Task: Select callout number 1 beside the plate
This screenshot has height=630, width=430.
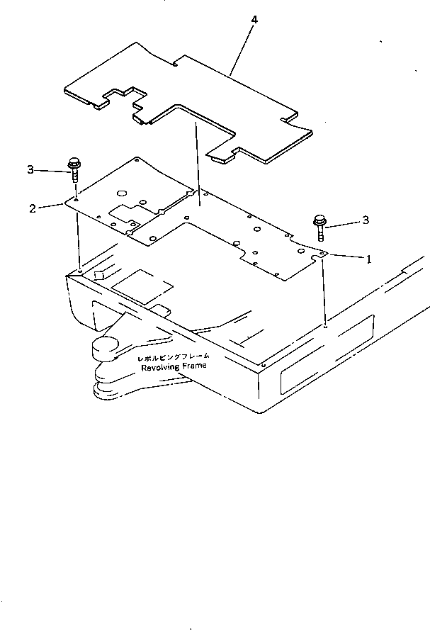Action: pos(368,260)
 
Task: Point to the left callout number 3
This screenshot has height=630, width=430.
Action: pos(30,169)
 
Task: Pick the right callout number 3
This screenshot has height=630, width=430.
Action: pos(366,220)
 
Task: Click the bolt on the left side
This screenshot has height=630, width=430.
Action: pos(74,169)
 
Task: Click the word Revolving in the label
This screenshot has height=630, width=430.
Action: pos(161,366)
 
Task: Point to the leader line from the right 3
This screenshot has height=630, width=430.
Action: pos(343,225)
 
